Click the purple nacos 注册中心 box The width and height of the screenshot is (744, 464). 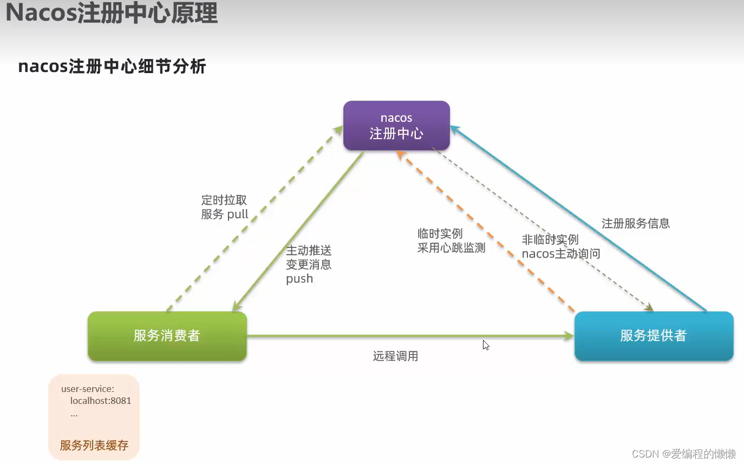[x=396, y=126]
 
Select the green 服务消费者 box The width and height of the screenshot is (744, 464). [x=167, y=336]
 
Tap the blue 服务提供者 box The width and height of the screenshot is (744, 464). [x=654, y=336]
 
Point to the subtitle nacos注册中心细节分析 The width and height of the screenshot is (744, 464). [x=112, y=67]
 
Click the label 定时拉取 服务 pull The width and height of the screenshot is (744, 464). [x=224, y=207]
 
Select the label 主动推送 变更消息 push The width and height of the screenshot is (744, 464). [x=309, y=265]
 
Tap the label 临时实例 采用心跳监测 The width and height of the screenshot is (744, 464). [x=451, y=241]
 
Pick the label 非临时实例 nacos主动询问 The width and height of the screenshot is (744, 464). [x=560, y=246]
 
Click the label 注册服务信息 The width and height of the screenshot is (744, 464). [x=636, y=223]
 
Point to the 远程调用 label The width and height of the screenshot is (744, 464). [x=395, y=356]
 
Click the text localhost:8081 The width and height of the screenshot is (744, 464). [x=101, y=401]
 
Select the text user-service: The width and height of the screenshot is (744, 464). [x=88, y=389]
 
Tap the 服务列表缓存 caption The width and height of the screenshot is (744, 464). [x=94, y=446]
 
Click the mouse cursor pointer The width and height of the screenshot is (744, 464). [x=486, y=345]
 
